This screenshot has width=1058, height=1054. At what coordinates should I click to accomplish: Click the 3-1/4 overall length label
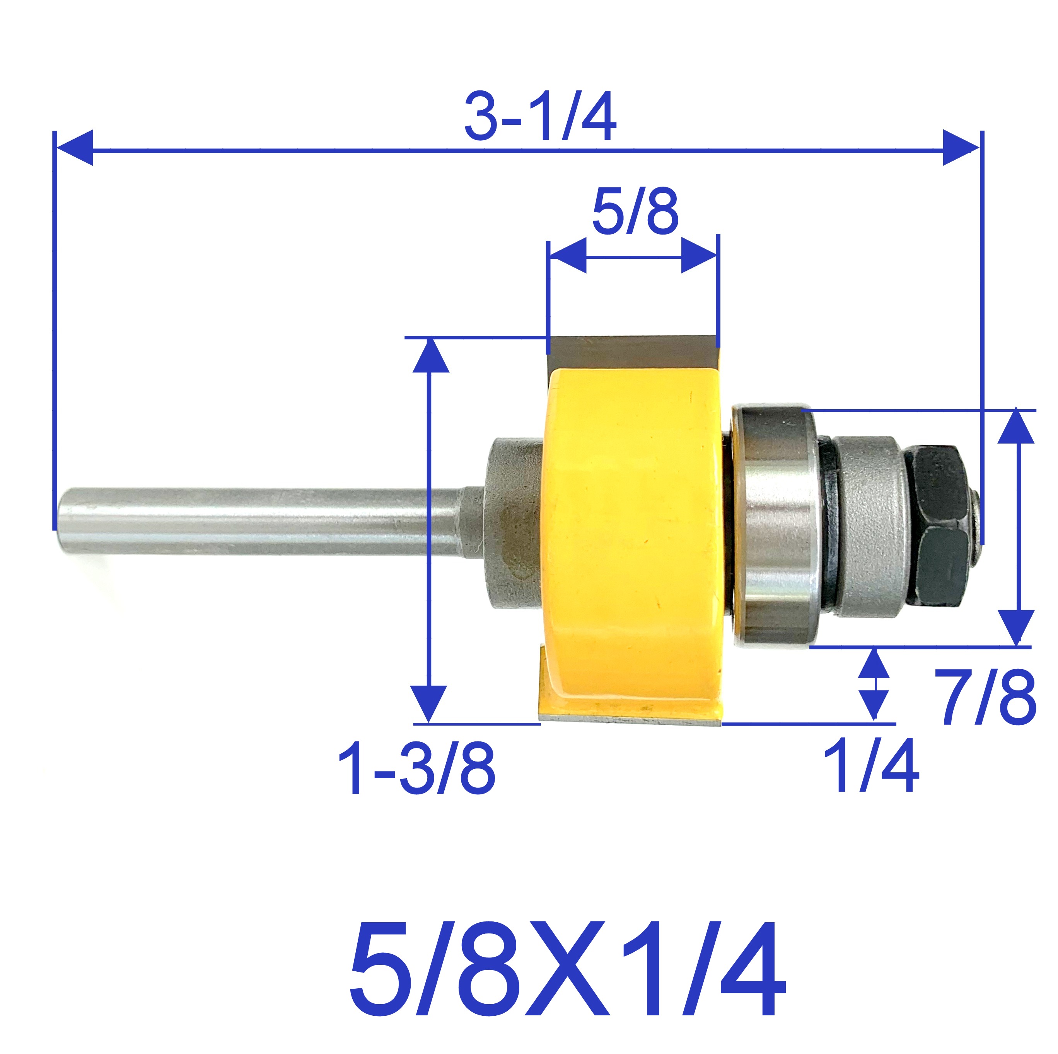coord(541,117)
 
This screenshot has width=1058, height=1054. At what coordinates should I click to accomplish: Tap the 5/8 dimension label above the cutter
coord(635,211)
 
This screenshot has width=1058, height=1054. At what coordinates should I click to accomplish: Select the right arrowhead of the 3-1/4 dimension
coord(959,148)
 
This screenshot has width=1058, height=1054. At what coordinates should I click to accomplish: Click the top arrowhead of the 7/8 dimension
coord(1017,427)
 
